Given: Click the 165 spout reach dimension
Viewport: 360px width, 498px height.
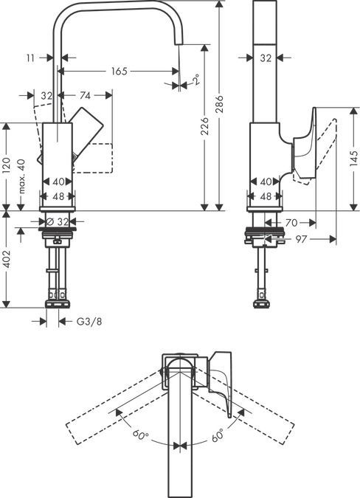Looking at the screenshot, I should [118, 72].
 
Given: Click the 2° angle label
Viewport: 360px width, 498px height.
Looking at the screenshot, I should [195, 80].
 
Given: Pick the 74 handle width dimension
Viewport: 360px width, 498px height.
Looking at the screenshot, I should [85, 95].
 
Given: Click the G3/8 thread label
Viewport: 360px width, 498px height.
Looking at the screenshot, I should [90, 321].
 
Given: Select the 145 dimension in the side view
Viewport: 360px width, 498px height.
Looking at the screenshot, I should [353, 159].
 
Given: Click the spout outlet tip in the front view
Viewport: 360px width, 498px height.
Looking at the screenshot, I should [177, 46].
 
